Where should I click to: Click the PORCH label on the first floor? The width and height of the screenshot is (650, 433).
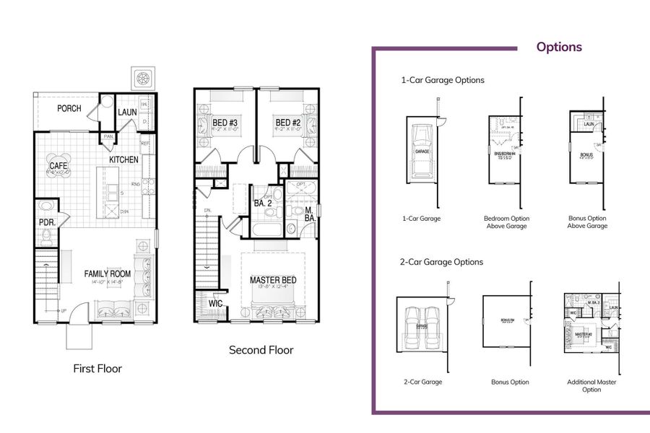tap(69, 109)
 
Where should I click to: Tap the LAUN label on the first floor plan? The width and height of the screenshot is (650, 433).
tap(127, 112)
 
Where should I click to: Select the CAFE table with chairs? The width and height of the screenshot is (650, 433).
tap(58, 167)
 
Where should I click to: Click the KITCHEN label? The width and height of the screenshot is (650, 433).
tap(123, 159)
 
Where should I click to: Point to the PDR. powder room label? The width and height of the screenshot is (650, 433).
tap(47, 223)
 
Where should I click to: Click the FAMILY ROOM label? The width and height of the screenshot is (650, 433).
tap(107, 274)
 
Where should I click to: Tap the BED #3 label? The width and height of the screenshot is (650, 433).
tap(225, 123)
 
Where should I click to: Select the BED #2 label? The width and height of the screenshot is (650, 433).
tap(287, 123)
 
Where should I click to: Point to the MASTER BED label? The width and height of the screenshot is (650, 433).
tap(273, 280)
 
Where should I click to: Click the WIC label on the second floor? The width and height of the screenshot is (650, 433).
tap(215, 304)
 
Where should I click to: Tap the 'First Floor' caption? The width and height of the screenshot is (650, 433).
tap(97, 369)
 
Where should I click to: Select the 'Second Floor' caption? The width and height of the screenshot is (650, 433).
tap(261, 350)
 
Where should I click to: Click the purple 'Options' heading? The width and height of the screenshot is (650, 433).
tap(558, 47)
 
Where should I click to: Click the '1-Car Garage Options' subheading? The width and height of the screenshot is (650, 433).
tap(443, 80)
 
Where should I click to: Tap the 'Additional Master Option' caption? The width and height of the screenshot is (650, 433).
tap(591, 386)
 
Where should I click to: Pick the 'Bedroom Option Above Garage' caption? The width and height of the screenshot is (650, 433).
tap(506, 222)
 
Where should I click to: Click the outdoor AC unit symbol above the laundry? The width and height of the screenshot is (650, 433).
tap(142, 77)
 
